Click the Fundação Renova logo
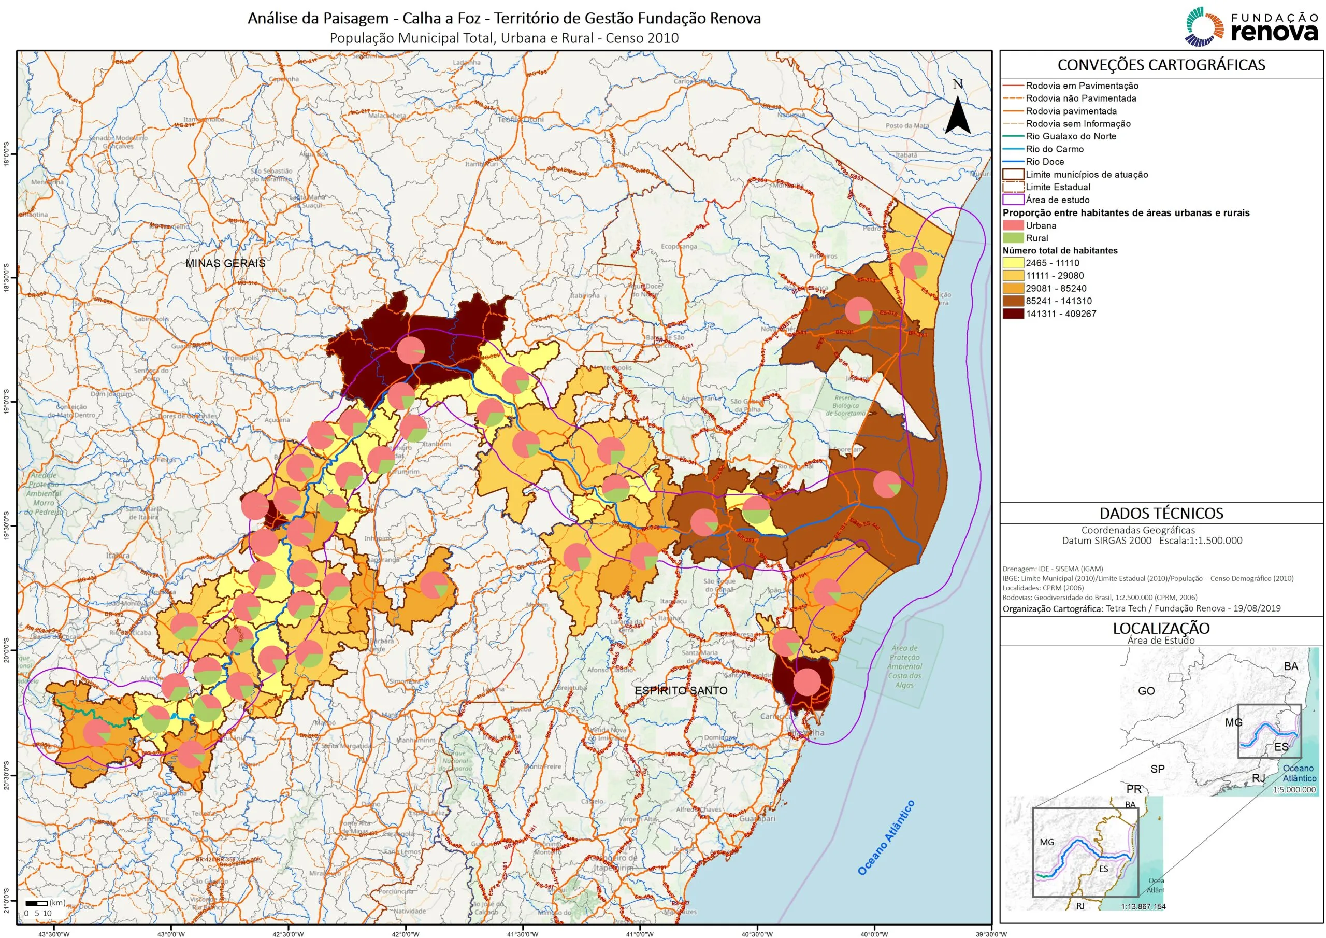coord(1251,26)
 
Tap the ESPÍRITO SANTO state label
coord(681,691)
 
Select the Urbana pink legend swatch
coord(1013,225)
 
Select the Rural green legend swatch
coord(1013,238)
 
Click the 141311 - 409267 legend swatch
coord(1013,314)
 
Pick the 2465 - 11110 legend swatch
coord(1013,263)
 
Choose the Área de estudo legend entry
coord(1057,200)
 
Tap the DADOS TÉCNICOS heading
coord(1161,513)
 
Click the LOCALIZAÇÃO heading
coord(1161,628)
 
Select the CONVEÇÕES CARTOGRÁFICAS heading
coord(1161,65)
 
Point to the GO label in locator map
coord(1146,691)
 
